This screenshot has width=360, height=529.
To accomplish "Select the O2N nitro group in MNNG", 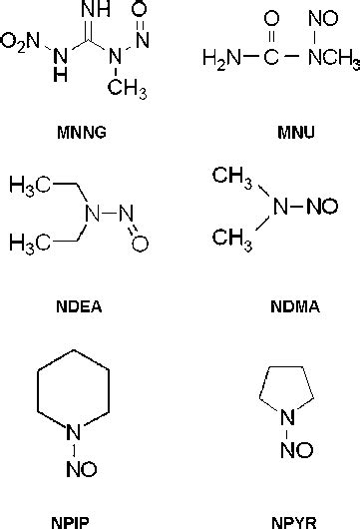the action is click(21, 42).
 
